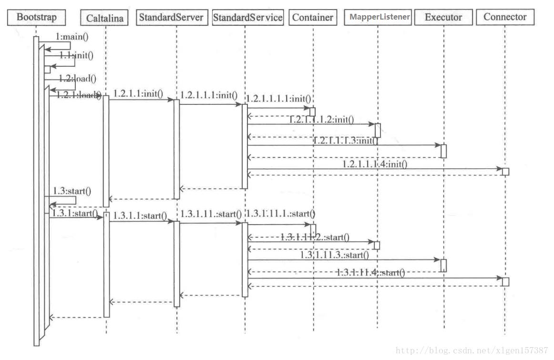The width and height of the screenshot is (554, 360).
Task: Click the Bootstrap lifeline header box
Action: coord(36,18)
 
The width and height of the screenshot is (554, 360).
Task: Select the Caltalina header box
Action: coord(105,18)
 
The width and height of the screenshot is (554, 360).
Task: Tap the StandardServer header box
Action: coord(171,18)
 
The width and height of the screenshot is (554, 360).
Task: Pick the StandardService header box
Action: coord(247,18)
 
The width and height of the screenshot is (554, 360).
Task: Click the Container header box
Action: coord(312,18)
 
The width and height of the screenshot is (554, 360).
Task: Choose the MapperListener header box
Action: coord(380,17)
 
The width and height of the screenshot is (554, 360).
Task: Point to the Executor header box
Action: coord(443,18)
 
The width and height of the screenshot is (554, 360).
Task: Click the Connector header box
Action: coord(505,17)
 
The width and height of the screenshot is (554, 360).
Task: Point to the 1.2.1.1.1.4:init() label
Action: coord(375,164)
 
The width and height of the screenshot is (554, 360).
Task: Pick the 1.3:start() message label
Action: coord(72,191)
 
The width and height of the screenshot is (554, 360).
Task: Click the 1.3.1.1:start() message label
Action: coord(140,216)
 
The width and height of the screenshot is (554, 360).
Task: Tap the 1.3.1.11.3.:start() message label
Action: coord(334,255)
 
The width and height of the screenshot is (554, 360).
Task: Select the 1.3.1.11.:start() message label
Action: coord(211,213)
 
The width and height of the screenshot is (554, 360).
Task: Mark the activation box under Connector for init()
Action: coord(505,171)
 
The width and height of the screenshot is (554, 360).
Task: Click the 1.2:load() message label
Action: coord(77,78)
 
